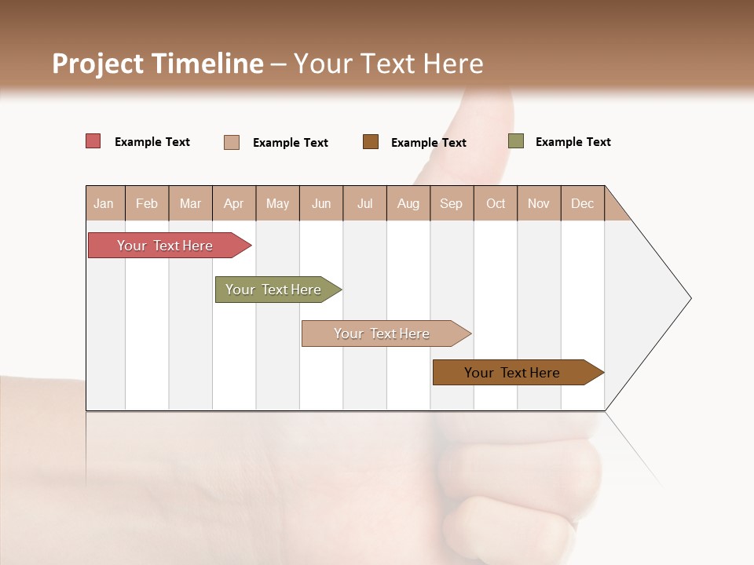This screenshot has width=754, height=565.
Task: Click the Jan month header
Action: click(x=104, y=203)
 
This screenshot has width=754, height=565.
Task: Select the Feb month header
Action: click(x=147, y=203)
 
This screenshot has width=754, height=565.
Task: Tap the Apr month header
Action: click(x=234, y=203)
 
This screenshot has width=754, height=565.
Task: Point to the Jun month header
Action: click(x=321, y=203)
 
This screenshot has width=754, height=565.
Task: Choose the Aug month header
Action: click(x=408, y=203)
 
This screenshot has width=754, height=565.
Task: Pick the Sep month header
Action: click(x=452, y=203)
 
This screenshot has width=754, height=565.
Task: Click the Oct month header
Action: click(x=496, y=203)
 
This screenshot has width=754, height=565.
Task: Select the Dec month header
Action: click(x=583, y=203)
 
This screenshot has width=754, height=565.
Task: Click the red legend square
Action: click(x=93, y=141)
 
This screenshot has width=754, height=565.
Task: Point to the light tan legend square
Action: click(x=232, y=142)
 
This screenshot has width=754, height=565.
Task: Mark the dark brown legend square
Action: click(x=371, y=141)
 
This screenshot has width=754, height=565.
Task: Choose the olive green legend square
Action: click(x=516, y=141)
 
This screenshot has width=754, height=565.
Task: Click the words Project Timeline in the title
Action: click(x=157, y=64)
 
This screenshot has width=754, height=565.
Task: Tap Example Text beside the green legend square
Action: click(x=573, y=142)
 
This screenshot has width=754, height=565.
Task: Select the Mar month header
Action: click(x=190, y=203)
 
